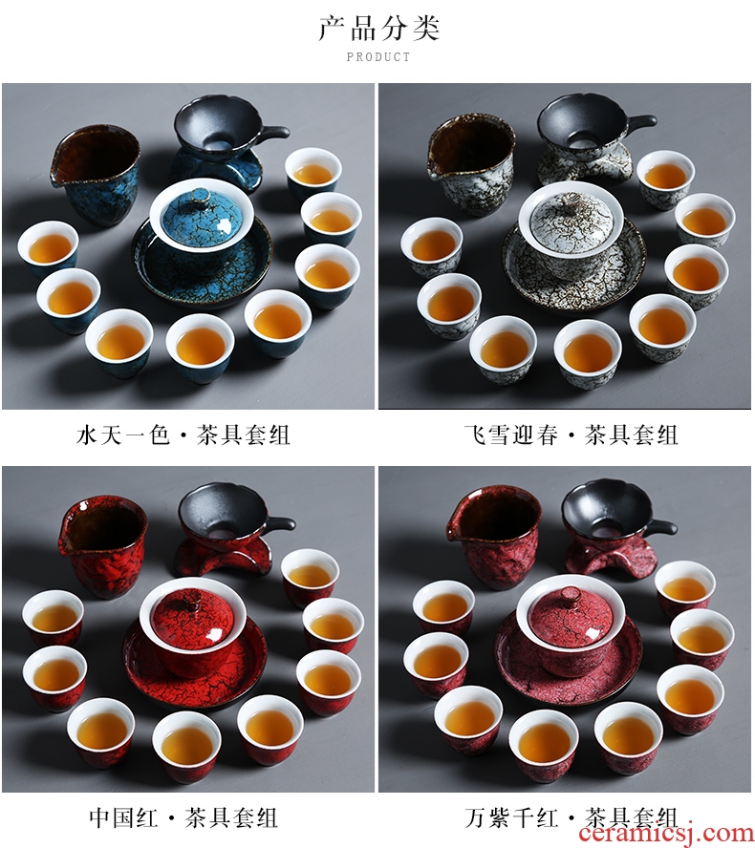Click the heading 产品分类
(378, 28)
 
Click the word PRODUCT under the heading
(378, 56)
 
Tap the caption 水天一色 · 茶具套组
(183, 435)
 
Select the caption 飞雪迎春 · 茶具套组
(571, 435)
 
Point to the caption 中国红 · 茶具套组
(183, 817)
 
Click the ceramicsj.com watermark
(666, 834)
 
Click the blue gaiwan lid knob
(201, 195)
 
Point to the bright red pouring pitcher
(103, 547)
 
